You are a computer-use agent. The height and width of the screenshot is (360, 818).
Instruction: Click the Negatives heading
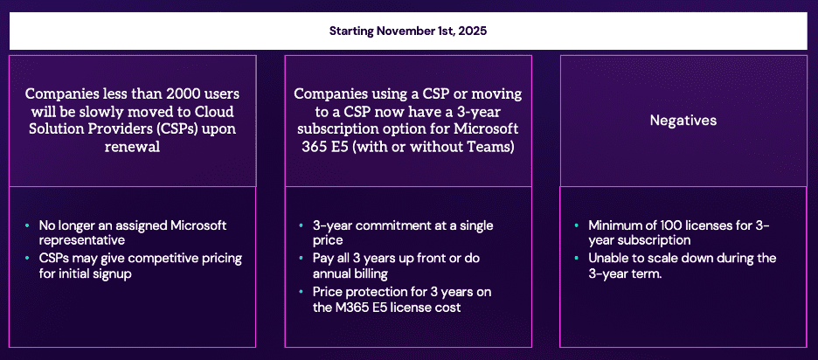pyautogui.click(x=683, y=121)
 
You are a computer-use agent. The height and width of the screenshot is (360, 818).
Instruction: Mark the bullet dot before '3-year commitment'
pyautogui.click(x=302, y=225)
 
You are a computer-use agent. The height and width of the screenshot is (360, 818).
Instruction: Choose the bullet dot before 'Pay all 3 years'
pyautogui.click(x=302, y=259)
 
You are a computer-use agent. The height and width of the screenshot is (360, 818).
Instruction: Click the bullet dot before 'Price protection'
pyautogui.click(x=302, y=292)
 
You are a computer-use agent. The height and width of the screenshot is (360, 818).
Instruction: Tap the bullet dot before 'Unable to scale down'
pyautogui.click(x=577, y=259)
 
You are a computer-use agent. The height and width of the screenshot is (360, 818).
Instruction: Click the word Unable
pyautogui.click(x=607, y=259)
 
